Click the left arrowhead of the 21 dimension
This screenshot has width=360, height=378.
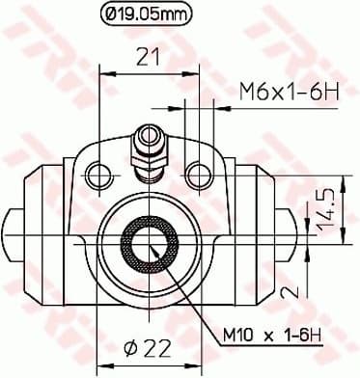point(102,72)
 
